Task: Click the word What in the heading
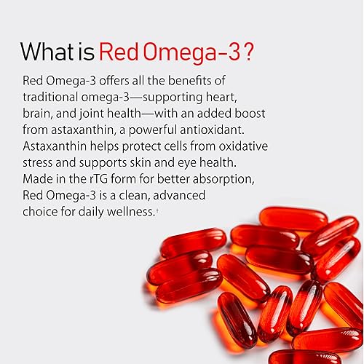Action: tap(49, 52)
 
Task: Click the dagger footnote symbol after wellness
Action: tap(157, 210)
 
